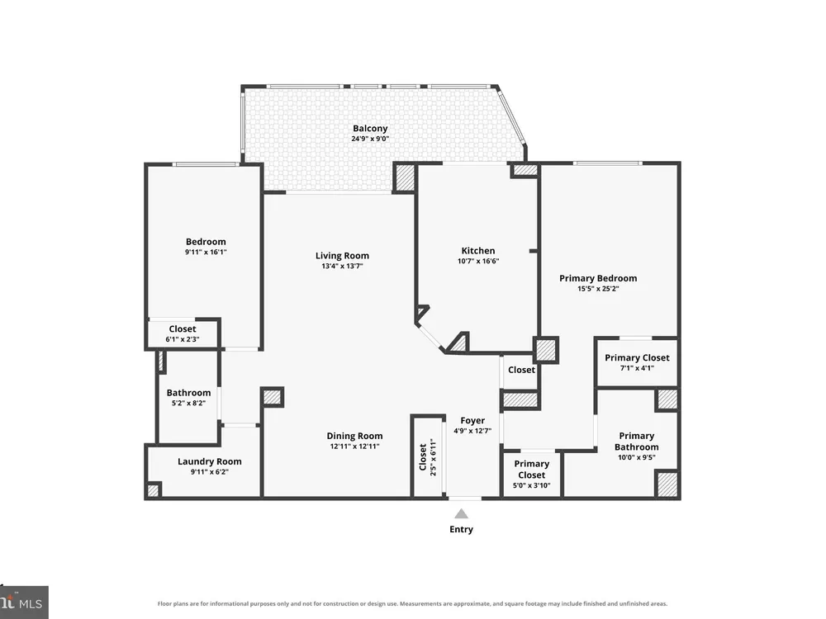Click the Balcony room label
(x=370, y=129)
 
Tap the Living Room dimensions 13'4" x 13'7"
(x=342, y=267)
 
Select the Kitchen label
(x=477, y=251)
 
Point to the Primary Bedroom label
(x=598, y=278)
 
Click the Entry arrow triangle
(x=461, y=513)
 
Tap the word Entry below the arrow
(x=461, y=530)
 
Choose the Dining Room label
(x=354, y=436)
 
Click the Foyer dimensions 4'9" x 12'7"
(x=472, y=431)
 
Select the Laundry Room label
(x=209, y=461)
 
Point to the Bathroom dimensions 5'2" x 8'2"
(x=188, y=404)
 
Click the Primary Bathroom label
(x=636, y=441)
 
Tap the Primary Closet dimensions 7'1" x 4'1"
(x=637, y=368)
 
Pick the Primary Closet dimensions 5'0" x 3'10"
(x=531, y=485)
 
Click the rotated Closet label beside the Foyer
(x=422, y=457)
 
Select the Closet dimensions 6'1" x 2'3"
(x=183, y=339)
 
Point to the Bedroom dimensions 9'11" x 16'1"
(x=206, y=252)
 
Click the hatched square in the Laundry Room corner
(x=153, y=490)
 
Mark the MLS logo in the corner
(x=24, y=602)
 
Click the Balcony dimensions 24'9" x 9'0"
(x=370, y=139)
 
